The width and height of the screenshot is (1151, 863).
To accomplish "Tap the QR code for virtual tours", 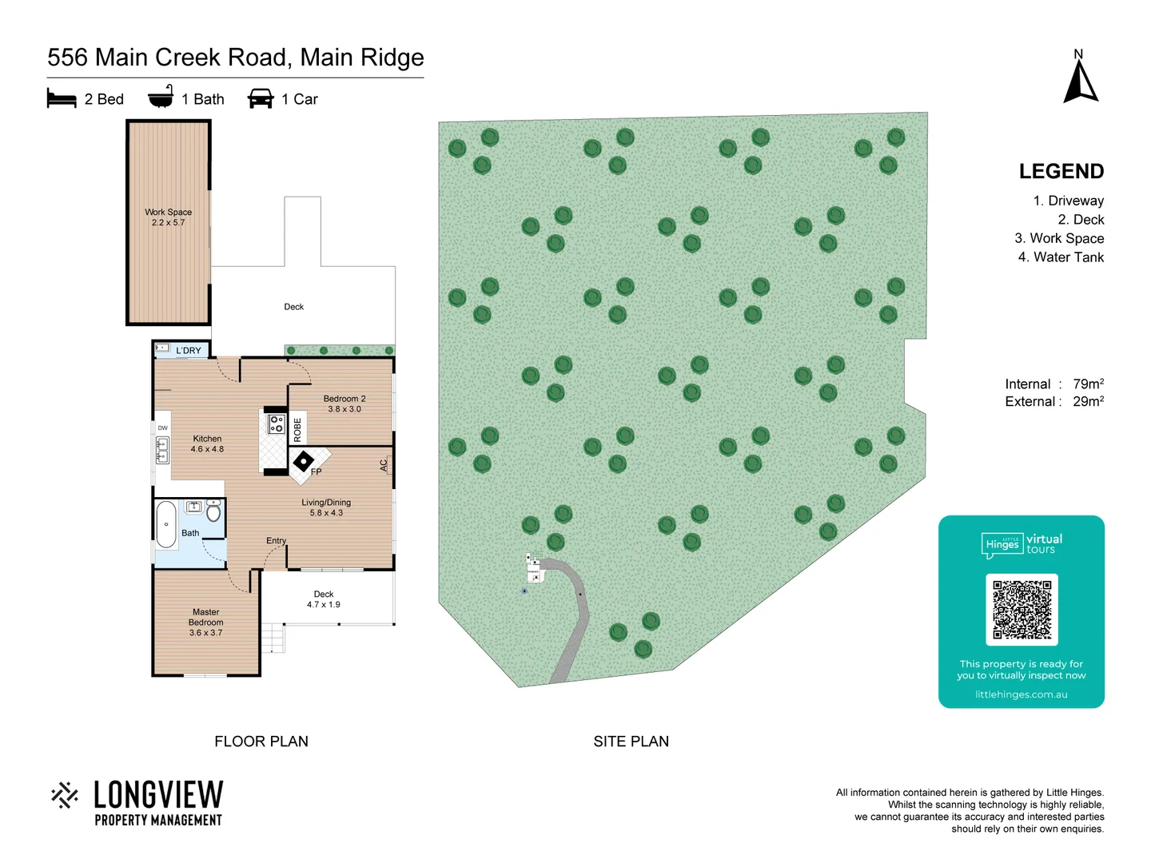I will pos(1022,610).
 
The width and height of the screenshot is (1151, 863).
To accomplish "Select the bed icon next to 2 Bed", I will pos(62,99).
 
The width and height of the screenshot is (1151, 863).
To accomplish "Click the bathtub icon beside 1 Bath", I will pos(161,97).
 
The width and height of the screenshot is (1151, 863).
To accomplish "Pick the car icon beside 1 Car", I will pos(261,99).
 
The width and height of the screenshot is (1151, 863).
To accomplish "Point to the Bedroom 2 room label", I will pos(345,404).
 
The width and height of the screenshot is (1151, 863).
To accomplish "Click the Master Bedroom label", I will pos(206,622).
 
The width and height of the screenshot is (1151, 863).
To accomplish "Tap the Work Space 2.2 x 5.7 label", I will pos(168,217).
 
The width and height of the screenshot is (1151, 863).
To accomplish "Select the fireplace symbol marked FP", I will pos(304,461).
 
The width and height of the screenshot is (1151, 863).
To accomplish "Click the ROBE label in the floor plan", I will pos(297,430).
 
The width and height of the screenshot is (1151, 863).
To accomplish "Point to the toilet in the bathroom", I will pos(213,511).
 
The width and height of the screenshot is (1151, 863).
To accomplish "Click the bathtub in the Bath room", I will pos(166,524).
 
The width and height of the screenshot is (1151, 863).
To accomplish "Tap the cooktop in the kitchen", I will pos(277,424).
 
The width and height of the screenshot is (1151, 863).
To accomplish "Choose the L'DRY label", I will pos(189,350).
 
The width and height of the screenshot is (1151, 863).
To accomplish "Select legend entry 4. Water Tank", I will pos(1061,257).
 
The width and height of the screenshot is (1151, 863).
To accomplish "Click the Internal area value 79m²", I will pos(1088,384).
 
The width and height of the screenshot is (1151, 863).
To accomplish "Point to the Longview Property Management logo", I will pos(137,802).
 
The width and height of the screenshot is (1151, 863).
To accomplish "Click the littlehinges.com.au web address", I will pos(1021,694).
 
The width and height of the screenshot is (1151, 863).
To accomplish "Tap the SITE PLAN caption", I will pos(631,742).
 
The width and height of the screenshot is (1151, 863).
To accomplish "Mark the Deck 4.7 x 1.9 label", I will pos(324,599).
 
